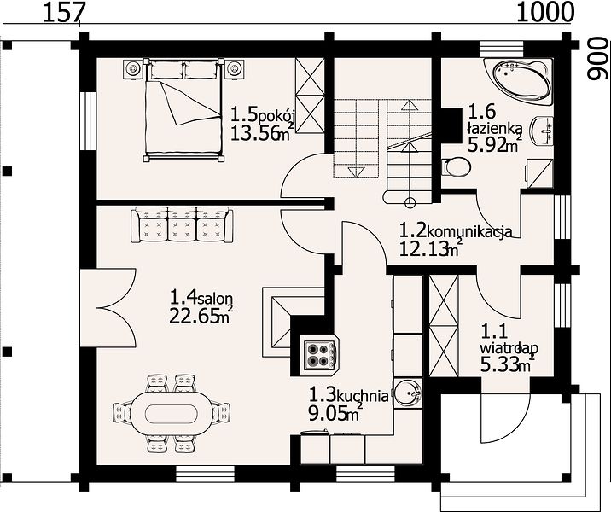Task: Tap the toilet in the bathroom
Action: pos(456,166)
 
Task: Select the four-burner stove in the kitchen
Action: pos(318,355)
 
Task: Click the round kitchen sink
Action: pos(407,393)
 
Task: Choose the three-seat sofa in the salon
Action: pos(182,224)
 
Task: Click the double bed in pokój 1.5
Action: pos(184,109)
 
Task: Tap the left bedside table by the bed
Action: pos(134,69)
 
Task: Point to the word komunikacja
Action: pos(470,232)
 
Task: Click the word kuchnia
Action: pos(363,396)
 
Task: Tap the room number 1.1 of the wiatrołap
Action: pos(494,332)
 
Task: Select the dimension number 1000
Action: pos(545,13)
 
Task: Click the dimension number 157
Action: pos(63,13)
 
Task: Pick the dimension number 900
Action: pos(598,59)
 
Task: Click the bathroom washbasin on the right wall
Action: pos(543,131)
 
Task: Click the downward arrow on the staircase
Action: pos(355,172)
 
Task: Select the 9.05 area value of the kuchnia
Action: pos(328,414)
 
